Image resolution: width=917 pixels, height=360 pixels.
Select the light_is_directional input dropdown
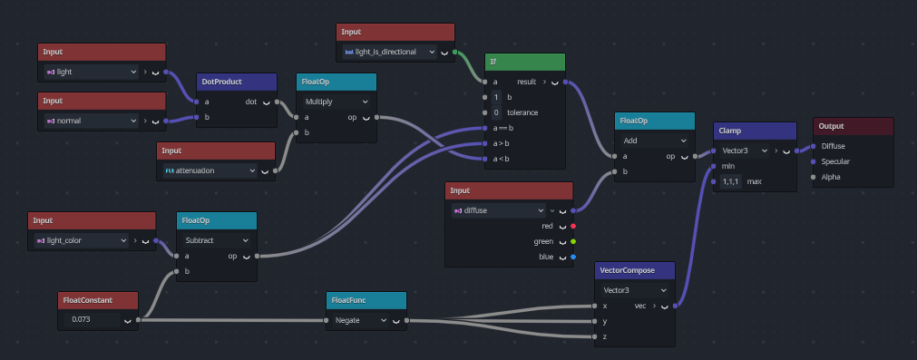(389, 52)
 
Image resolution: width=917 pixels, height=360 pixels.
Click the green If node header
(524, 62)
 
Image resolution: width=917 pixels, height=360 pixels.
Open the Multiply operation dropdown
(336, 102)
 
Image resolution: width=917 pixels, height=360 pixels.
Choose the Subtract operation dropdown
(216, 240)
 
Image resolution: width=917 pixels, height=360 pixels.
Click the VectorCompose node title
(627, 270)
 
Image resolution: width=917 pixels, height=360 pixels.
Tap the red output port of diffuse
(573, 226)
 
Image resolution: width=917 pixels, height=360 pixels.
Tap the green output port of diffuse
(573, 241)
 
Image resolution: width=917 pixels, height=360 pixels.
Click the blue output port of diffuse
(573, 258)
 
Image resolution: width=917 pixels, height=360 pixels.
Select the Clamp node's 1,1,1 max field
(730, 181)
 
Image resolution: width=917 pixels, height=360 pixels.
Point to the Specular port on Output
(813, 162)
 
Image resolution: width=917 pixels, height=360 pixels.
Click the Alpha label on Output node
(831, 177)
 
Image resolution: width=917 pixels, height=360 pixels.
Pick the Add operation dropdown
(654, 141)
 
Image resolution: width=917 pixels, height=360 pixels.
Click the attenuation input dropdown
(210, 170)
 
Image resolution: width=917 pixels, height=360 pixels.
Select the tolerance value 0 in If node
(496, 112)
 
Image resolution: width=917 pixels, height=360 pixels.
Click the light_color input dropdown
(82, 240)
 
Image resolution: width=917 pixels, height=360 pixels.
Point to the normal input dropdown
(92, 122)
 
